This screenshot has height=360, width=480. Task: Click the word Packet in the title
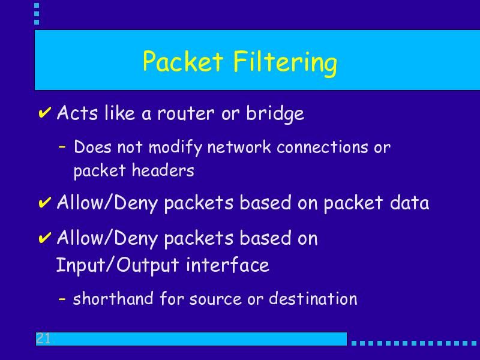point(183,61)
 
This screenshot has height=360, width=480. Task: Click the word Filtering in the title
point(285,63)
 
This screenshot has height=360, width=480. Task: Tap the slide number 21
point(43,338)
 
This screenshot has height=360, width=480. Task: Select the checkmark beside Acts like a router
point(44,112)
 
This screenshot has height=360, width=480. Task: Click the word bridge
point(275,113)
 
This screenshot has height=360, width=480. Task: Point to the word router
point(186,113)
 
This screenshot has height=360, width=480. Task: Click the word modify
point(175,148)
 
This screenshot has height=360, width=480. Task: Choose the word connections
point(322,147)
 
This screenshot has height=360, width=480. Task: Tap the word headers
point(163,170)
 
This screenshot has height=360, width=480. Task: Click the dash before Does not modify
point(62,147)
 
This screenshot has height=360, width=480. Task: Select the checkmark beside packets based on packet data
point(44,202)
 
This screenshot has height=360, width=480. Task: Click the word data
point(409,202)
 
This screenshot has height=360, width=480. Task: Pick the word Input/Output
point(118,265)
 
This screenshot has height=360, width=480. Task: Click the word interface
point(228,265)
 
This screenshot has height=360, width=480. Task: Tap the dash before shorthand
point(62,298)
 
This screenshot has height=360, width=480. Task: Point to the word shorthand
point(113,298)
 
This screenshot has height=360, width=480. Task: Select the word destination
point(313,298)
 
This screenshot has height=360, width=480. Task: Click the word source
point(215,299)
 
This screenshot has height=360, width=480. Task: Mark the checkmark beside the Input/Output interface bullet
point(44,238)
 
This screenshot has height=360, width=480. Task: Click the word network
point(239,147)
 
